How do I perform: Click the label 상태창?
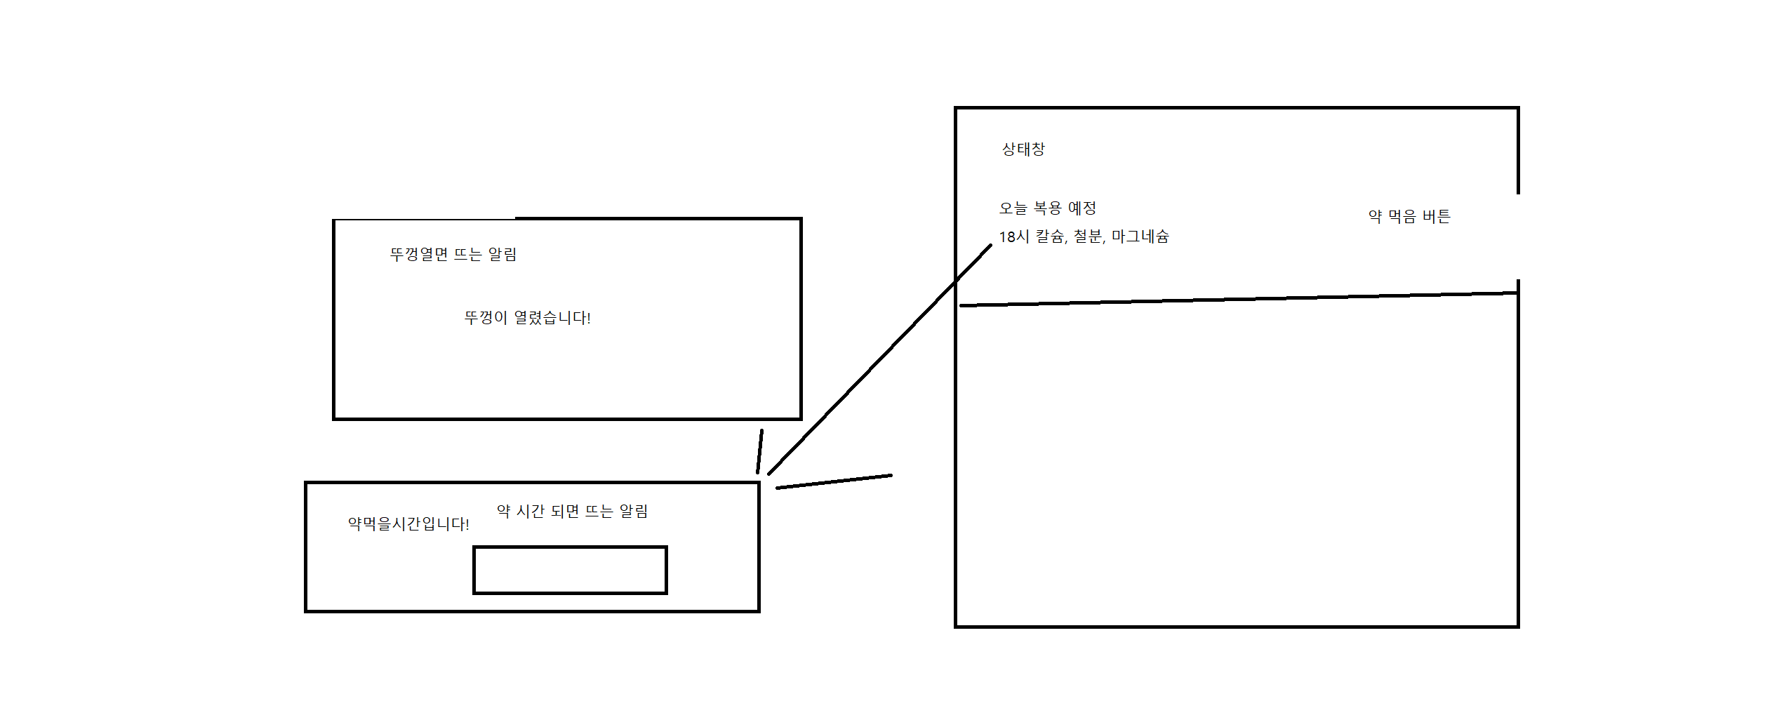click(1023, 149)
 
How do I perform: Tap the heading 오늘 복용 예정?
click(1047, 208)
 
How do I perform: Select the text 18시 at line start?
click(1014, 237)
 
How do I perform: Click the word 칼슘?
click(1051, 237)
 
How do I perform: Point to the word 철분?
click(1089, 237)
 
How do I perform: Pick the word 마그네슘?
click(1140, 237)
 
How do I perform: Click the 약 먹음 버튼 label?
click(1409, 217)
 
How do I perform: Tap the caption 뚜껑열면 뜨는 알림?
click(453, 255)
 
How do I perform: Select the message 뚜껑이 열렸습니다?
click(527, 318)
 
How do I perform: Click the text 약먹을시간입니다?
click(408, 524)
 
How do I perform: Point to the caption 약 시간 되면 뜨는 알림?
click(572, 512)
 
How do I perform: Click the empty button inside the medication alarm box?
click(570, 570)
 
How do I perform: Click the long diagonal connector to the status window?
click(877, 361)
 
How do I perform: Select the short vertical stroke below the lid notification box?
click(760, 451)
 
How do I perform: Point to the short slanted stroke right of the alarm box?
click(834, 481)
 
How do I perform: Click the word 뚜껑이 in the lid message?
click(486, 318)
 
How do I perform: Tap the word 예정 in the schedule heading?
click(1081, 208)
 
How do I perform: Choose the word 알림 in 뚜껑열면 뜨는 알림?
click(502, 255)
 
